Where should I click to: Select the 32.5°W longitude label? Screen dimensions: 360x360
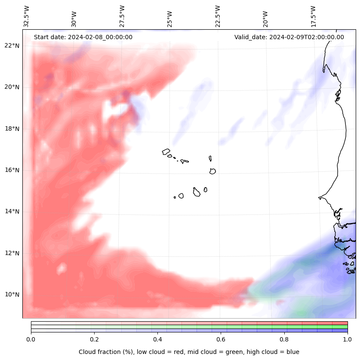(27, 16)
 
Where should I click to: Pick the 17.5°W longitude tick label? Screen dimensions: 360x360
(313, 16)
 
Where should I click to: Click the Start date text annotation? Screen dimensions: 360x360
(83, 37)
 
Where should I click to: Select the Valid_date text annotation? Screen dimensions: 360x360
(289, 37)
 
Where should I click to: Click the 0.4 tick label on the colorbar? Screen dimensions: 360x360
(157, 339)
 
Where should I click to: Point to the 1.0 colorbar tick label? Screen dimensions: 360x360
(348, 339)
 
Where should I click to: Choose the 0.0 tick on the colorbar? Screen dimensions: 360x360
(31, 339)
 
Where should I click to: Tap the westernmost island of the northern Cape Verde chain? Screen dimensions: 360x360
(166, 152)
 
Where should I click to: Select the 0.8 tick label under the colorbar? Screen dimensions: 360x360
(284, 339)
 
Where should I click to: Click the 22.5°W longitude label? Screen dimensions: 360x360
(218, 16)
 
